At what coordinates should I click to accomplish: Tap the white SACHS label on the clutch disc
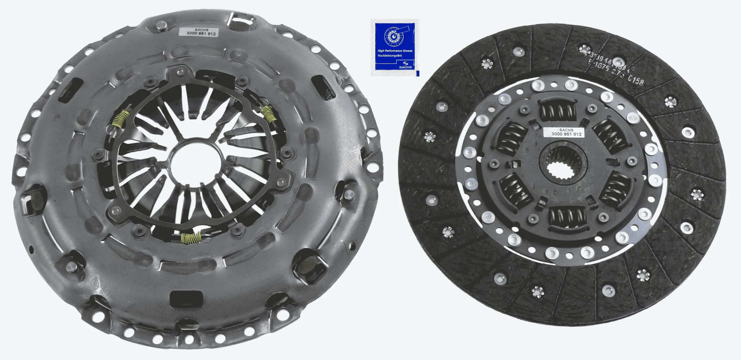tap(566, 132)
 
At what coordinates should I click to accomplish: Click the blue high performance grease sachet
tap(395, 47)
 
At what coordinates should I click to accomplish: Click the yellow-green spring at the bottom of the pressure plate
tap(191, 237)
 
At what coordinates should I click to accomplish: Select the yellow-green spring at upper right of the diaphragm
tap(269, 114)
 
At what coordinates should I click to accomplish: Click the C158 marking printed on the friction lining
tap(635, 80)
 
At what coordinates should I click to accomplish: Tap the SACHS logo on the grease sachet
tap(405, 65)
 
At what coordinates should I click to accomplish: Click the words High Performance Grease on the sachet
tap(395, 51)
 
